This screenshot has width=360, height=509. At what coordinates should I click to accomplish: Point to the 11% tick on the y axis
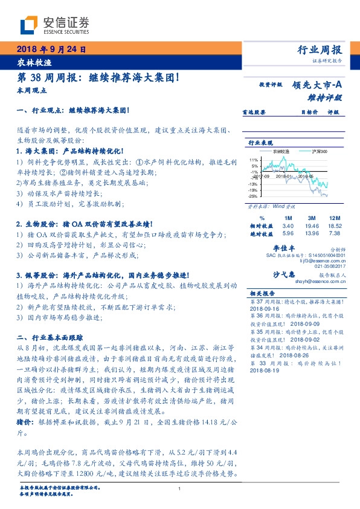(254, 160)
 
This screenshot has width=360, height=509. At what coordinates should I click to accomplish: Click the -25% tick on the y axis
(253, 196)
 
